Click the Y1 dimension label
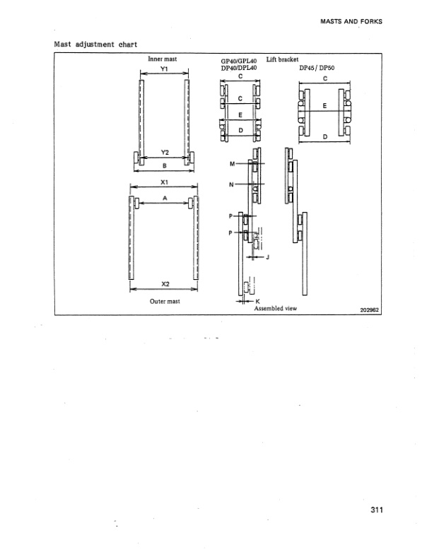coord(164,70)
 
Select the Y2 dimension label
coord(164,152)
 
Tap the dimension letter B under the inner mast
coord(164,167)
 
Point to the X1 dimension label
coord(164,182)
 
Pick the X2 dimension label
coord(164,284)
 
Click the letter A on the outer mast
coord(164,199)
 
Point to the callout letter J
coord(269,257)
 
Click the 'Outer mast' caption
coord(164,301)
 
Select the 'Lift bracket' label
coord(283,59)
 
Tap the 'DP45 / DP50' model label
coord(322,69)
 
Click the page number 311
coord(376,513)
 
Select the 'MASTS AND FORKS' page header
coord(351,21)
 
